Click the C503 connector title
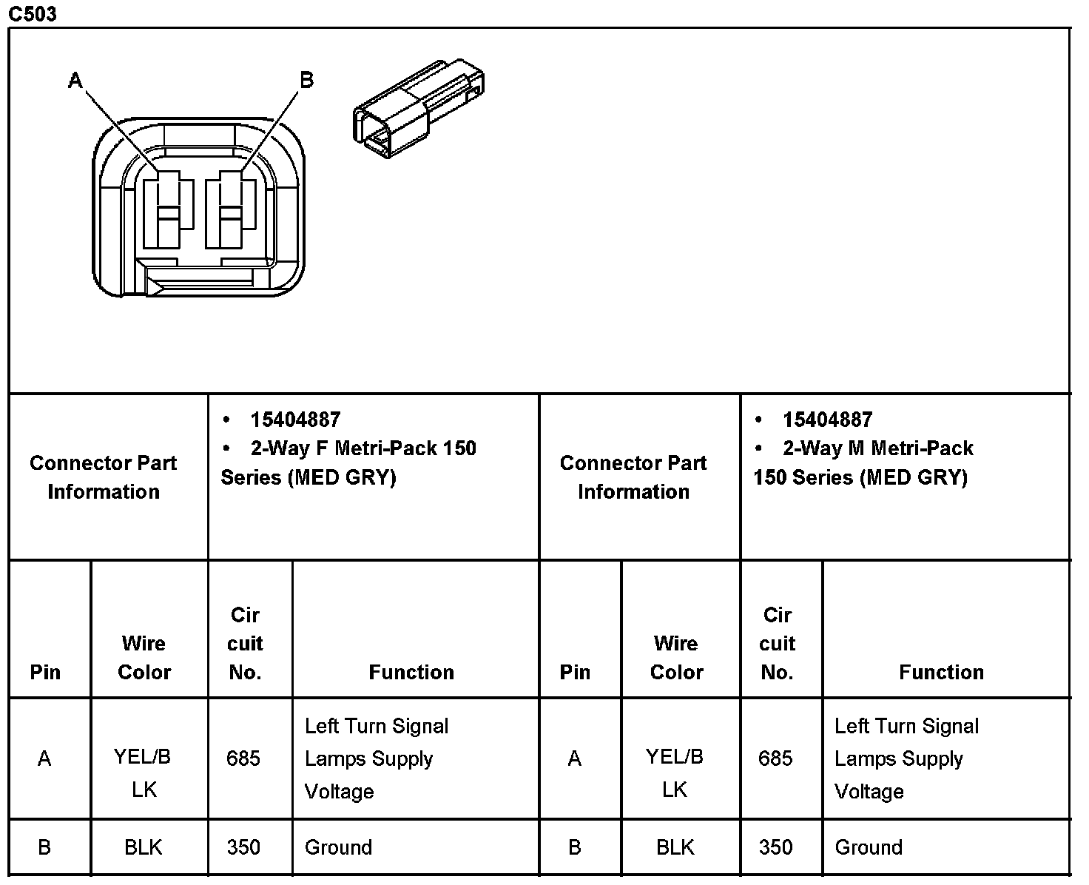[33, 13]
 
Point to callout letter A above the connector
[75, 80]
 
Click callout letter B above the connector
[306, 80]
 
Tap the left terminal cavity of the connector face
[169, 211]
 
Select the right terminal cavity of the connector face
[231, 211]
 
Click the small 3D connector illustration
[418, 107]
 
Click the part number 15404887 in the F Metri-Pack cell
[295, 420]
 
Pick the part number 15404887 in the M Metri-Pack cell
[827, 420]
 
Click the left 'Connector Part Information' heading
[104, 477]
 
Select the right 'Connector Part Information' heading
[633, 477]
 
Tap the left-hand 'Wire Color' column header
[144, 657]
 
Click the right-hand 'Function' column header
[941, 672]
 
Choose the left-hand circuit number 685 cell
[243, 758]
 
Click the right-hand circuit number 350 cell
[776, 847]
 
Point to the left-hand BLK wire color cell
[144, 847]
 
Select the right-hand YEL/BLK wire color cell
[675, 773]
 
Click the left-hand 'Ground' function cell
[338, 847]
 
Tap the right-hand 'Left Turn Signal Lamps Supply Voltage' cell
[906, 758]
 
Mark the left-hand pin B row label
[44, 847]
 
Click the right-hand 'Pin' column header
[575, 672]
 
